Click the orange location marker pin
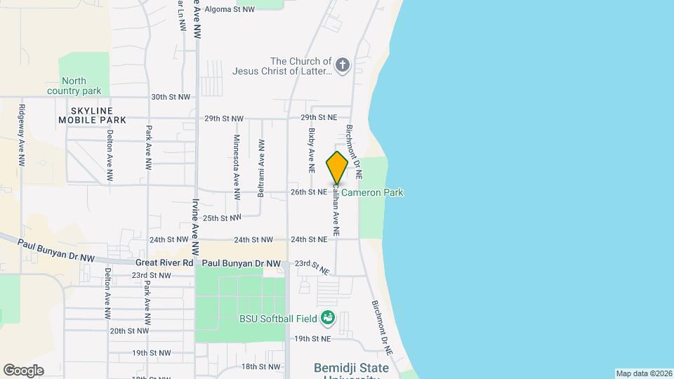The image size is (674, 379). pyautogui.click(x=337, y=167)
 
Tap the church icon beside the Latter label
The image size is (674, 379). pyautogui.click(x=343, y=66)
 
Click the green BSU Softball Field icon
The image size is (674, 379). pyautogui.click(x=327, y=319)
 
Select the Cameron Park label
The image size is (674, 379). pyautogui.click(x=372, y=192)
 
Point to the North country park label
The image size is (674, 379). pyautogui.click(x=74, y=86)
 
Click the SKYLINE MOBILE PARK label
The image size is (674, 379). pyautogui.click(x=93, y=115)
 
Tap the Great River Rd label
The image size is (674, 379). pyautogui.click(x=164, y=262)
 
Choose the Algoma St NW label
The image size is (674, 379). pyautogui.click(x=230, y=9)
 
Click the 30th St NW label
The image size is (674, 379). pyautogui.click(x=171, y=97)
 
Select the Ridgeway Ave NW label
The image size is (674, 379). pyautogui.click(x=22, y=135)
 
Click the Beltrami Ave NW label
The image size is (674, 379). pyautogui.click(x=261, y=168)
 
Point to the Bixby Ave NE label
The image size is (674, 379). pyautogui.click(x=311, y=149)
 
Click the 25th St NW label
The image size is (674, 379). pyautogui.click(x=221, y=218)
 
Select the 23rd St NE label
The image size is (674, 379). pyautogui.click(x=312, y=266)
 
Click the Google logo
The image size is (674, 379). pyautogui.click(x=23, y=370)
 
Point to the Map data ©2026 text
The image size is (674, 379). pyautogui.click(x=644, y=373)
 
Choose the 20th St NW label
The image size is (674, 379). pyautogui.click(x=131, y=331)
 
